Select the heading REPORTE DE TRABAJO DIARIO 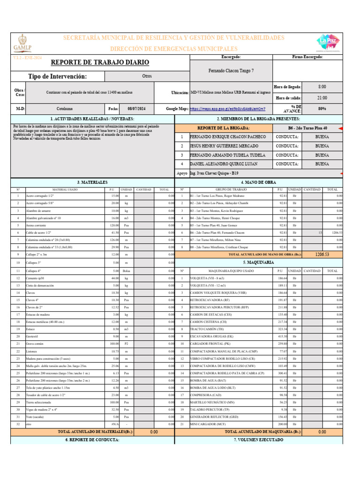[100, 62]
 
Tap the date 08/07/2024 [136, 109]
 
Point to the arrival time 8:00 [322, 87]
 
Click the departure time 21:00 [322, 98]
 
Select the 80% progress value [322, 109]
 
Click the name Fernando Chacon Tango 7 [231, 70]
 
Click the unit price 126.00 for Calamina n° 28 [114, 240]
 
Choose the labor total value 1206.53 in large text [322, 254]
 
